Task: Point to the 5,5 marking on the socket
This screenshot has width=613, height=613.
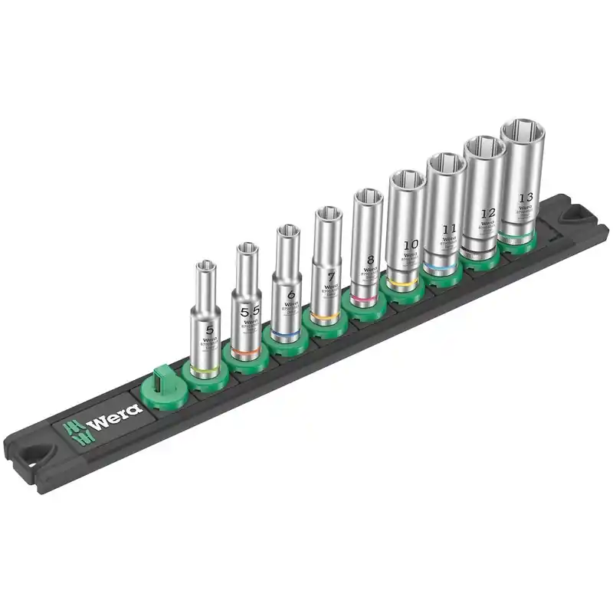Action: (250, 311)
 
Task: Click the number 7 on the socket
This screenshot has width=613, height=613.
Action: (331, 275)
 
